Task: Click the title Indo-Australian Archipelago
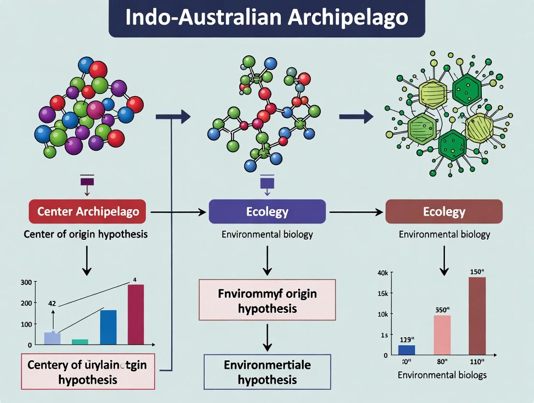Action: pos(267,18)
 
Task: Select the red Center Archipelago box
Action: pos(88,212)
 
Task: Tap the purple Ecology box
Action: pos(267,212)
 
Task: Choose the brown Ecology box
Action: pos(444,212)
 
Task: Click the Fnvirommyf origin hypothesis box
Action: pos(267,300)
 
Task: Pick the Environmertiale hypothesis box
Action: pos(267,372)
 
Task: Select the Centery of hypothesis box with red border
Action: pos(88,372)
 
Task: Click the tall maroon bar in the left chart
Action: pos(136,314)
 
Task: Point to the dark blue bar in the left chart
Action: pos(108,327)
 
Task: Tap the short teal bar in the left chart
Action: pos(80,341)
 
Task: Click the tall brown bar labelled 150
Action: pos(477,316)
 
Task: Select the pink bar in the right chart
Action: pos(442,335)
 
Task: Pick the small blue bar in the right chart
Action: pos(406,350)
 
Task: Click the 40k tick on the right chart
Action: pos(382,273)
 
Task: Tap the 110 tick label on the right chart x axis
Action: pos(477,361)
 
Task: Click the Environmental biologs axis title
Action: pos(442,375)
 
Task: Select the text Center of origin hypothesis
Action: pos(86,234)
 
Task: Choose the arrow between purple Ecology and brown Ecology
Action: pos(356,212)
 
